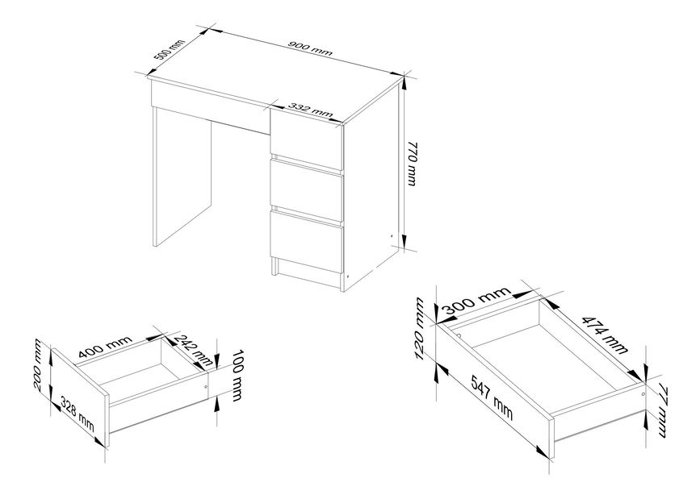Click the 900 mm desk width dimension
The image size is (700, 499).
pos(311,48)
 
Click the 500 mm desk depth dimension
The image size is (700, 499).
pos(169,49)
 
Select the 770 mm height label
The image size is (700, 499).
pos(411,164)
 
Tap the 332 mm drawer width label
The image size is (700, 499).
pos(311,110)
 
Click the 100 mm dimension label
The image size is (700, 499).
pos(237,376)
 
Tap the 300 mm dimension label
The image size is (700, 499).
pos(476,301)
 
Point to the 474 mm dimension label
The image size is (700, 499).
pos(605,335)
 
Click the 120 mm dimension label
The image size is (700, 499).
pos(419,330)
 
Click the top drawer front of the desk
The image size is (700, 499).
pos(306,136)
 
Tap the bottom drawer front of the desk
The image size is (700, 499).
pos(306,241)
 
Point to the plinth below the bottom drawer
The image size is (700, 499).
pos(308,274)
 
